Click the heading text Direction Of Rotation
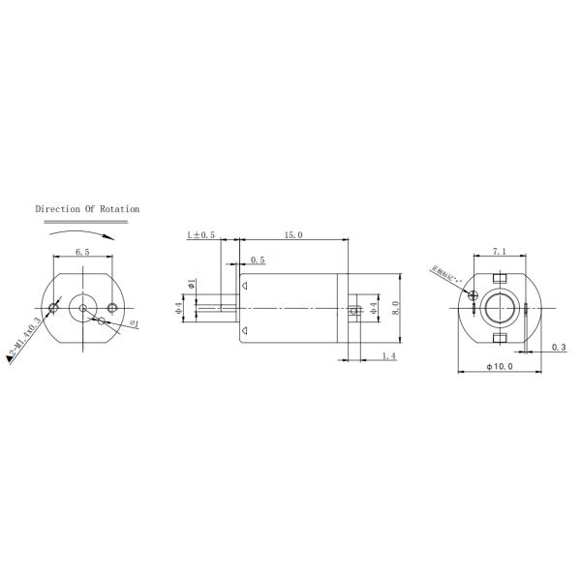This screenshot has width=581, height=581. click(87, 208)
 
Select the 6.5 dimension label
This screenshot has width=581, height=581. click(82, 253)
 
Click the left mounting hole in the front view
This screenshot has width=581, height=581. click(55, 308)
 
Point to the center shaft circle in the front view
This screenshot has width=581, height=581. click(84, 309)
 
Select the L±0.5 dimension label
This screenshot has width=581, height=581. click(201, 235)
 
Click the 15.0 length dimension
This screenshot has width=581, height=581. click(292, 235)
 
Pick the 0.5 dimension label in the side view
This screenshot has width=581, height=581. click(258, 260)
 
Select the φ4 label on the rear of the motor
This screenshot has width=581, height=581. click(374, 309)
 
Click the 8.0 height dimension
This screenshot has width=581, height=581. click(395, 308)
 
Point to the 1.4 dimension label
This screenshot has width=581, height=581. click(388, 356)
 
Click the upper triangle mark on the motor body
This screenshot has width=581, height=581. click(246, 286)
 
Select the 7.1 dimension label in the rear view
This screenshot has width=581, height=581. click(499, 252)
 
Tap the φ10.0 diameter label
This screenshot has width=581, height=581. click(500, 368)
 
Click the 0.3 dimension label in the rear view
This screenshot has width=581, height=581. click(558, 347)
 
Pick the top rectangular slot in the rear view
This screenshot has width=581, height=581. click(501, 278)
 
